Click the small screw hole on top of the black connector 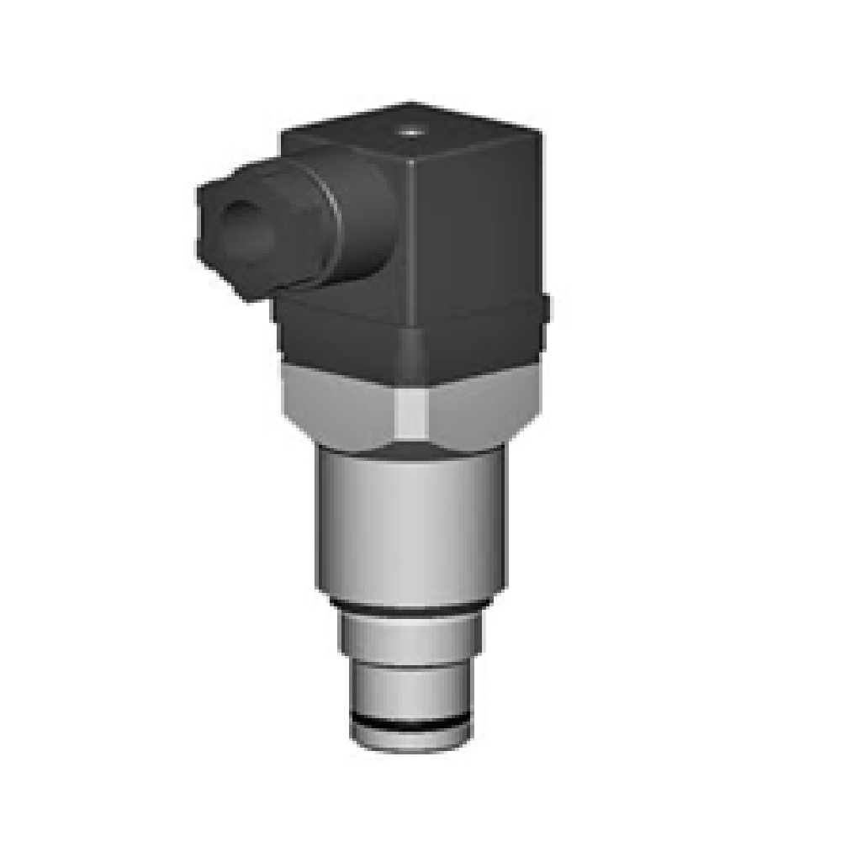[x=410, y=130]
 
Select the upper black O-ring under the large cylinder [x=410, y=608]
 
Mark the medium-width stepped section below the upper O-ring [x=410, y=635]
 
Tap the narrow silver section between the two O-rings [x=410, y=685]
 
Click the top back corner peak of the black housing [x=410, y=104]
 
